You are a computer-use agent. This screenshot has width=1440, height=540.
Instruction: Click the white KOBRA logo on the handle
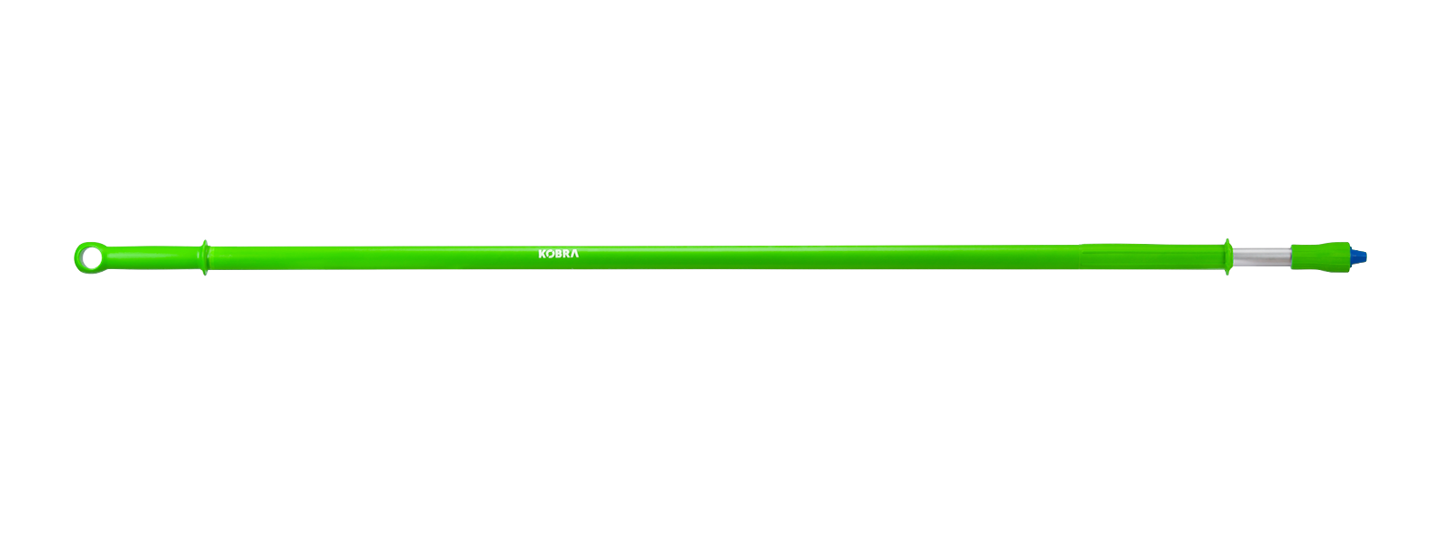558,255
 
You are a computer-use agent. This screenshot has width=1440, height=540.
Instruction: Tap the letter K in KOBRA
542,255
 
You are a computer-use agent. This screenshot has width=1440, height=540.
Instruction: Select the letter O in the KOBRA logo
550,255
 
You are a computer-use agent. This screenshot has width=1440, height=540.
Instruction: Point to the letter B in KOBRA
558,255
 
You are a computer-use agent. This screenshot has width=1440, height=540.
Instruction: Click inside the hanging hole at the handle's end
89,257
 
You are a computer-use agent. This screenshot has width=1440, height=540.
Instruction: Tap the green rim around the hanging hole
77,257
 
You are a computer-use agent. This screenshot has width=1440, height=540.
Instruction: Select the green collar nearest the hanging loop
206,257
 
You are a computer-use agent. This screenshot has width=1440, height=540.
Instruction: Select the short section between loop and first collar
153,257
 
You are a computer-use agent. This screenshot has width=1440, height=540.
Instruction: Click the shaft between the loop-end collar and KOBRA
369,257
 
